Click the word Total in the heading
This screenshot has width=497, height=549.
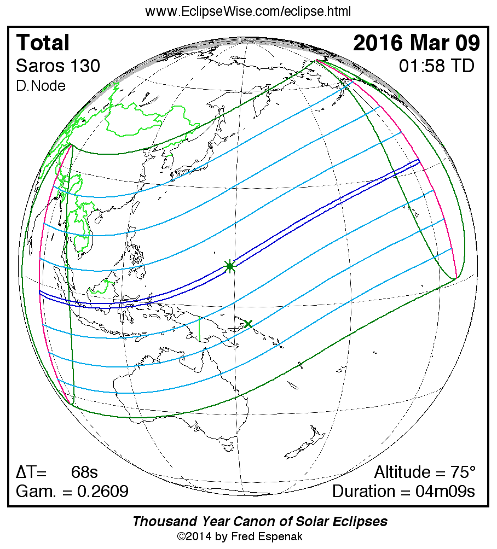43,43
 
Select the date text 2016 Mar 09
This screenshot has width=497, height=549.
417,43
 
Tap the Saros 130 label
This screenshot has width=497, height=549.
58,66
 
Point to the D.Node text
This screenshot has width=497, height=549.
41,86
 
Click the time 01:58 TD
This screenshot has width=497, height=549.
436,66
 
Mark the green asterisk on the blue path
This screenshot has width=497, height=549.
230,266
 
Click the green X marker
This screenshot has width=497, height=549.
248,324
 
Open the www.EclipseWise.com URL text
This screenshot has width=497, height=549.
248,11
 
